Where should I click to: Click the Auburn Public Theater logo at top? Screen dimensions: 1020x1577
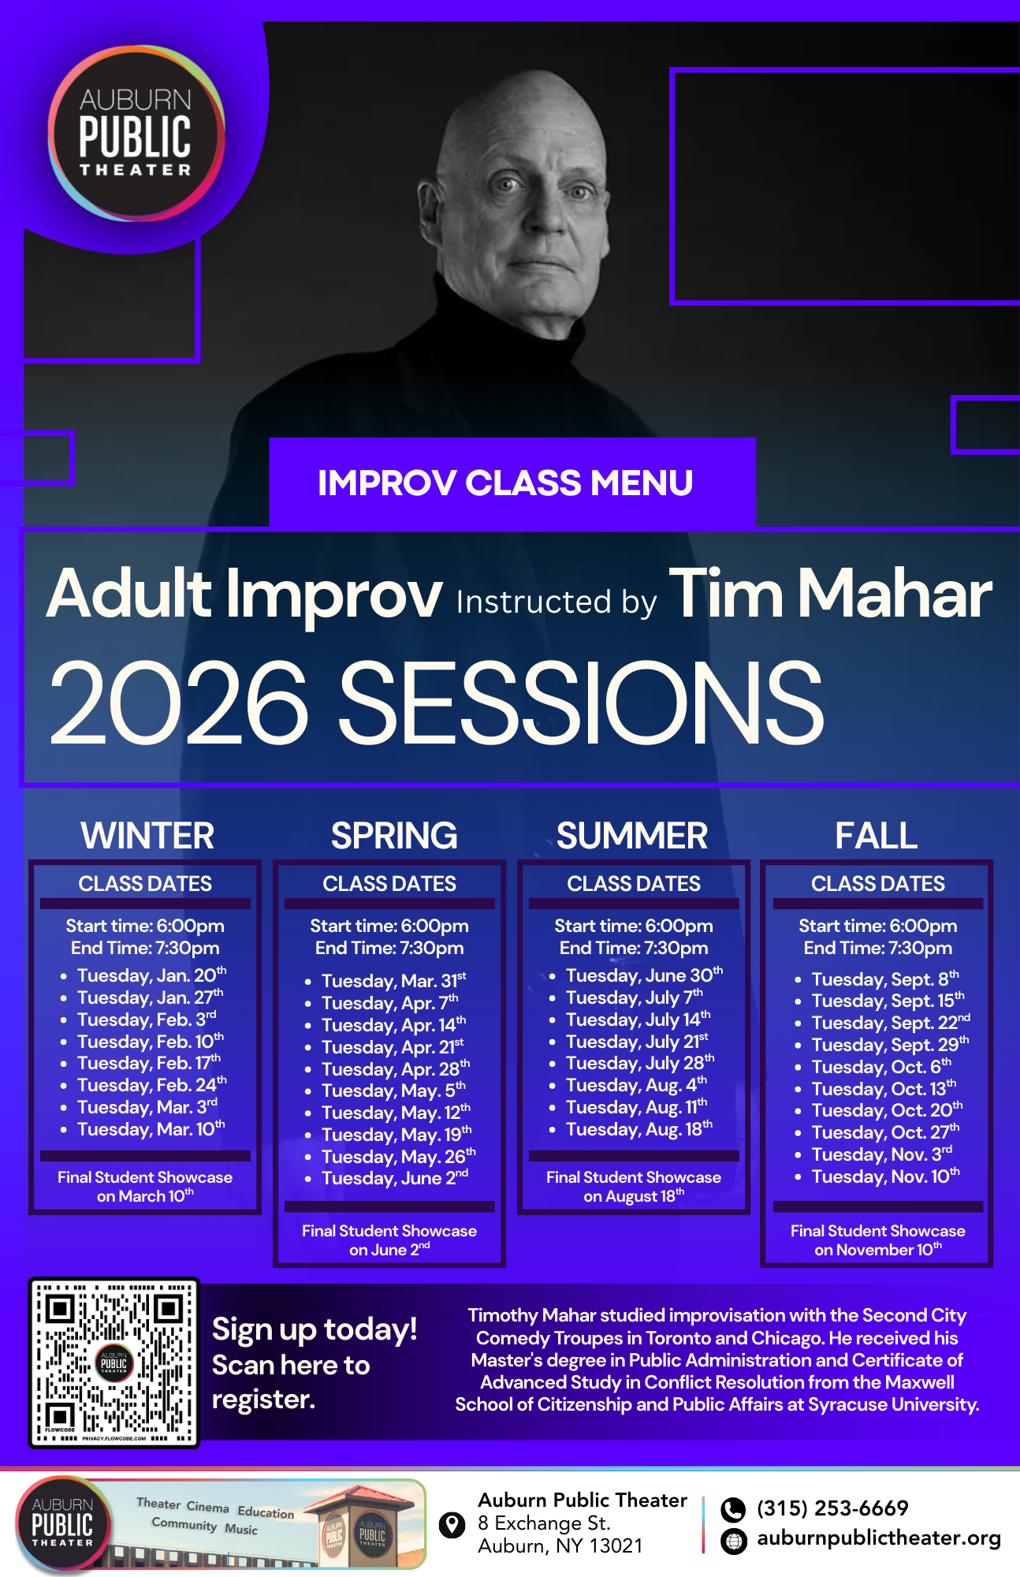pyautogui.click(x=136, y=132)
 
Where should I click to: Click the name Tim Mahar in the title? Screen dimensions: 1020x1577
pyautogui.click(x=830, y=594)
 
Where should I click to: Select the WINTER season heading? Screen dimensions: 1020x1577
pyautogui.click(x=147, y=836)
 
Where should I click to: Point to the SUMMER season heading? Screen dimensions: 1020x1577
pyautogui.click(x=632, y=836)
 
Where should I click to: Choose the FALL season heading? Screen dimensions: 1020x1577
pyautogui.click(x=877, y=836)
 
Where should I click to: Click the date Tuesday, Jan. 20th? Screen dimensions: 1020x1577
pyautogui.click(x=151, y=975)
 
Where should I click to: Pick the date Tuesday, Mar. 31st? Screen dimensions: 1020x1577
pyautogui.click(x=393, y=981)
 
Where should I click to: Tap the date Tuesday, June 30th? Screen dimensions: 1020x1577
pyautogui.click(x=644, y=975)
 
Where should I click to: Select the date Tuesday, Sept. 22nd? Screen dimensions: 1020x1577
pyautogui.click(x=891, y=1023)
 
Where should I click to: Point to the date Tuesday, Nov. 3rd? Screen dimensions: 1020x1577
pyautogui.click(x=882, y=1154)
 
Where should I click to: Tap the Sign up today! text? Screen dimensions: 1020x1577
pyautogui.click(x=315, y=1330)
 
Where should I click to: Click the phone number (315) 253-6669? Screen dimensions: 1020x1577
pyautogui.click(x=832, y=1508)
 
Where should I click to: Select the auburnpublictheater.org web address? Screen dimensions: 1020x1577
pyautogui.click(x=879, y=1538)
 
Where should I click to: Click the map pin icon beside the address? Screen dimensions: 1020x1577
pyautogui.click(x=452, y=1525)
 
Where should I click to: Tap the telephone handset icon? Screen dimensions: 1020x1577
pyautogui.click(x=733, y=1509)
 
